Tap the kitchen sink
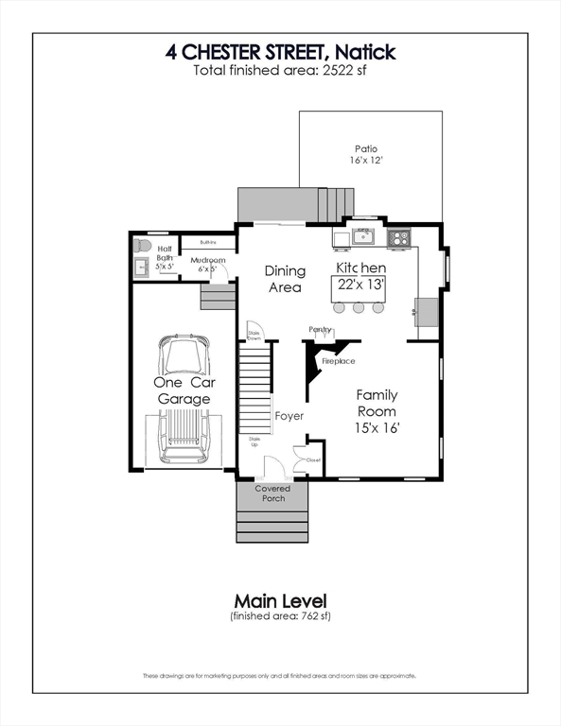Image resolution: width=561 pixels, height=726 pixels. point(363,235)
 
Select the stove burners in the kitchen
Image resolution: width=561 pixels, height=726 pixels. point(399,236)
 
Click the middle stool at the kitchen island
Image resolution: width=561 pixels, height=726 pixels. point(359,307)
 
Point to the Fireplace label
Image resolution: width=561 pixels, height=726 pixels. point(339,361)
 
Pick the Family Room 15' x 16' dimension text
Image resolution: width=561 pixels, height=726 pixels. point(376,428)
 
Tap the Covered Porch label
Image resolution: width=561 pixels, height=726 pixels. point(272,493)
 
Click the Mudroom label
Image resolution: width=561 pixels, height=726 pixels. point(207,260)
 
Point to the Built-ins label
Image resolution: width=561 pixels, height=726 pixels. point(208,242)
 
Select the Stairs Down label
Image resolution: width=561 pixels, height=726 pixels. point(254,335)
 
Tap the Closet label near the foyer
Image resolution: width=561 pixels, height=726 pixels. point(313,460)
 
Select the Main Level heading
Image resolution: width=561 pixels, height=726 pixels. point(280,600)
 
